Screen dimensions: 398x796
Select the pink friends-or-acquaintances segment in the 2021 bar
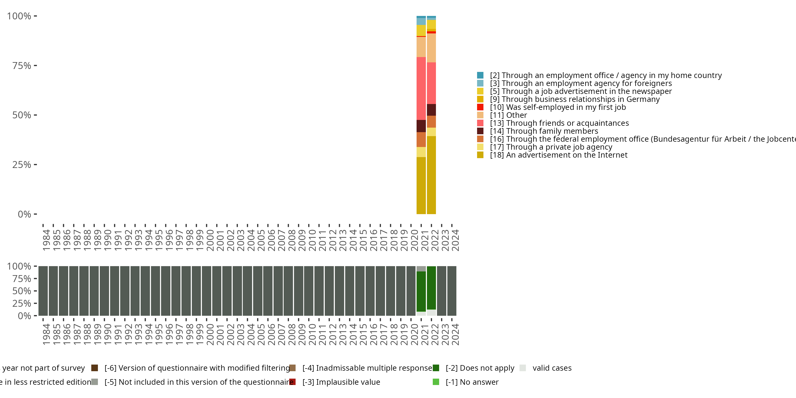pyautogui.click(x=421, y=88)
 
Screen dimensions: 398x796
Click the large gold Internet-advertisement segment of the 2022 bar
pyautogui.click(x=431, y=175)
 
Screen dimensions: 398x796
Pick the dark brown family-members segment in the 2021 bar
pyautogui.click(x=421, y=126)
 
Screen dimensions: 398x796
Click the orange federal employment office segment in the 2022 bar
pyautogui.click(x=431, y=122)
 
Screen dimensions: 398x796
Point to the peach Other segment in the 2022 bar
pyautogui.click(x=431, y=48)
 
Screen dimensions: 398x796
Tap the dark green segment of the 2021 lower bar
pyautogui.click(x=421, y=291)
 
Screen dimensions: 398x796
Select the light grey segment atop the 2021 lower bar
pyautogui.click(x=421, y=269)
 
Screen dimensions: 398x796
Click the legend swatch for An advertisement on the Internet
pyautogui.click(x=480, y=155)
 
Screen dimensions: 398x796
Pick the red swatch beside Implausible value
pyautogui.click(x=292, y=382)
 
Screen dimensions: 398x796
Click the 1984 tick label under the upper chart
pyautogui.click(x=46, y=240)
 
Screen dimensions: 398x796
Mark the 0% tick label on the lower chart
pyautogui.click(x=24, y=316)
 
